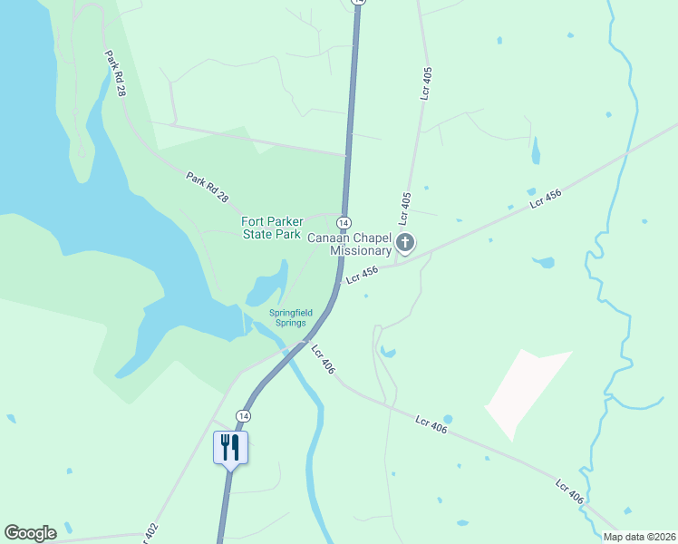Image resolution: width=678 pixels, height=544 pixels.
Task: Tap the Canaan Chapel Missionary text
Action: coord(349,244)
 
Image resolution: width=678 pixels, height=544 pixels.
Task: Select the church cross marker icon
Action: coord(405,242)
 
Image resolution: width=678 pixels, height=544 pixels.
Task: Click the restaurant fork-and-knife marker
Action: coord(230,447)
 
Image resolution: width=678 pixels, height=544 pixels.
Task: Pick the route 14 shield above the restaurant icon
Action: coord(242,415)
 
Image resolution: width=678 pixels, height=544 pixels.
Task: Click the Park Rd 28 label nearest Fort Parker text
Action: coord(208,188)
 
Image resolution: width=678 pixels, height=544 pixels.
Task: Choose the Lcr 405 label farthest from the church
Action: coord(425,81)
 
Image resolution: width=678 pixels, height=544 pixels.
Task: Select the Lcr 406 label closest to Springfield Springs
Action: coord(323,359)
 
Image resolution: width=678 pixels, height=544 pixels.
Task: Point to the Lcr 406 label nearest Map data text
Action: coord(569,492)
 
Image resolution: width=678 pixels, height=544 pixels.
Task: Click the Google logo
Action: coord(30,533)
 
